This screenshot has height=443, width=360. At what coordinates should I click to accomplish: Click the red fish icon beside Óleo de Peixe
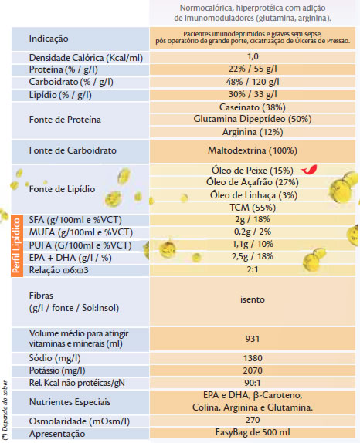tap(309, 170)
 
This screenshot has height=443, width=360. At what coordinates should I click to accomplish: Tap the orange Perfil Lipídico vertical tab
tap(17, 245)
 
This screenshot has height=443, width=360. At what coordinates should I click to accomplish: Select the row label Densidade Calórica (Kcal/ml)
tap(86, 58)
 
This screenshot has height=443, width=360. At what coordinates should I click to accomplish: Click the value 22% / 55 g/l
tap(253, 69)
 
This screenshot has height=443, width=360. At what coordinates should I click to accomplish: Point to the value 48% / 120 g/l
tap(253, 82)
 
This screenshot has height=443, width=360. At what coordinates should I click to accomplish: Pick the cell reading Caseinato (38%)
tap(253, 107)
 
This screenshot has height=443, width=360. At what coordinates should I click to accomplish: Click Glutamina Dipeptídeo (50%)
tap(253, 119)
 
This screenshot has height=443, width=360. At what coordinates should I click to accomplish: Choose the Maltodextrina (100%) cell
tap(253, 150)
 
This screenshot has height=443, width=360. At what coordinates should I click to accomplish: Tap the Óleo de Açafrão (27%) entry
tap(253, 182)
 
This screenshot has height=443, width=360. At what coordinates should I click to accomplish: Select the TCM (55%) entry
tap(253, 208)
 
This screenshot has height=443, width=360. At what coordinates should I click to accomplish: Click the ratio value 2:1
tap(253, 269)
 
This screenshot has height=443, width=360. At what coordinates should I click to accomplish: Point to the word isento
tap(253, 299)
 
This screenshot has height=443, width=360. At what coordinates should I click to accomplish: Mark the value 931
tap(253, 339)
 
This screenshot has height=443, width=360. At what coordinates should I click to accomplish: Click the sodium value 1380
tap(253, 358)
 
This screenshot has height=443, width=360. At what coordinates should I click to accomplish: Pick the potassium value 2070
tap(253, 370)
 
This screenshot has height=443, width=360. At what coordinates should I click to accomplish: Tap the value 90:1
tap(253, 383)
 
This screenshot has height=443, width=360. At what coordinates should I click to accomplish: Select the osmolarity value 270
tap(253, 420)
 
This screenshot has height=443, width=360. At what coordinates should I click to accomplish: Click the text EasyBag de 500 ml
tap(253, 432)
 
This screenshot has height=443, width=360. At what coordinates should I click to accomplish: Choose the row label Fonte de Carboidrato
tap(73, 150)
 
